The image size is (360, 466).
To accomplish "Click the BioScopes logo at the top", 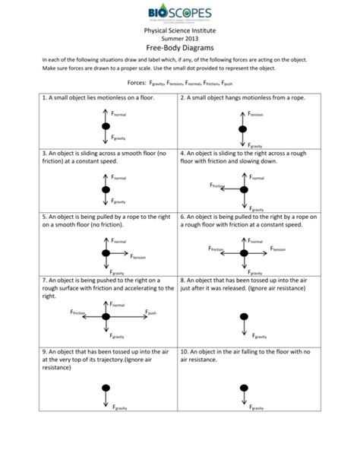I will click(x=180, y=14).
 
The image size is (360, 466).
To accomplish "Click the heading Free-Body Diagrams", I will click(x=180, y=46).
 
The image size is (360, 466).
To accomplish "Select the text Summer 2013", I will click(x=180, y=38).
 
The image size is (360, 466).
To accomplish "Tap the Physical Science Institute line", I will click(x=180, y=30).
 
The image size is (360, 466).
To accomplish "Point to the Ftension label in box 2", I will click(x=256, y=114).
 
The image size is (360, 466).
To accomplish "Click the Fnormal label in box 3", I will click(x=118, y=177).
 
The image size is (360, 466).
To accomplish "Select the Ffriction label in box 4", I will click(x=217, y=185).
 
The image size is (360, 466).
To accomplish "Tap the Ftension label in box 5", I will click(x=137, y=258).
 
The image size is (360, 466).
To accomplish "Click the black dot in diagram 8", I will click(x=243, y=315).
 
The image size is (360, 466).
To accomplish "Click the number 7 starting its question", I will click(x=45, y=281).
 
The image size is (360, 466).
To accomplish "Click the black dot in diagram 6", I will click(x=243, y=253).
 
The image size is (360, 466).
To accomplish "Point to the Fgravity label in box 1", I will click(x=118, y=138).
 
